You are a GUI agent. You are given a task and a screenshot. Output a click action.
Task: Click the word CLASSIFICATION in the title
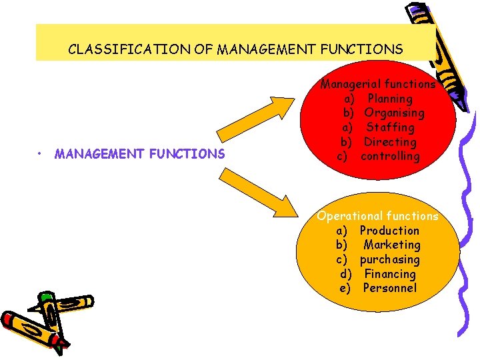[109, 49]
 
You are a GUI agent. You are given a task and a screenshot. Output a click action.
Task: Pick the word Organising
[394, 113]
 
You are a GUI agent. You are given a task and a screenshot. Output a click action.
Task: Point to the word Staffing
[391, 127]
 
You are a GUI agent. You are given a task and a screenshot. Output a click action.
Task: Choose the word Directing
[390, 142]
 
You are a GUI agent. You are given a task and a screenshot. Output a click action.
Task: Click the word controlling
[390, 157]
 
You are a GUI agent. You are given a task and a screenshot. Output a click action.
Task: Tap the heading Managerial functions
[378, 84]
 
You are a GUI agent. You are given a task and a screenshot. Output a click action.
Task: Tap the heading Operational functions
[378, 216]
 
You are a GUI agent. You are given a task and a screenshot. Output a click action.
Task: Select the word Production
[390, 231]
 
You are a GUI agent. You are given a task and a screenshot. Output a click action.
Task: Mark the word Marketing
[392, 245]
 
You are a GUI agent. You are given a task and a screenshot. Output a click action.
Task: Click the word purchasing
[390, 259]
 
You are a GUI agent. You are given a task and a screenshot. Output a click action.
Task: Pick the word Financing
[390, 274]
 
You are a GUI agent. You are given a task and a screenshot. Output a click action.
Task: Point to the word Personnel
[390, 288]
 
